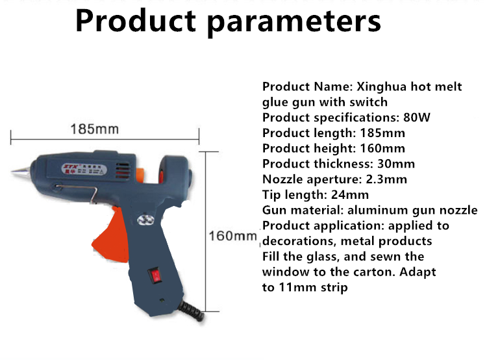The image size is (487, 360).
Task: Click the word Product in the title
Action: coord(136,21)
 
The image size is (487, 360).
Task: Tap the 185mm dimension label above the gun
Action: coord(95,129)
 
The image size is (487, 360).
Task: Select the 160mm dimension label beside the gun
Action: coord(232,236)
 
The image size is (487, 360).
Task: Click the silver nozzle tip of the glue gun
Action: coord(21,171)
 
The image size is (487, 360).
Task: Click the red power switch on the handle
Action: coord(156,276)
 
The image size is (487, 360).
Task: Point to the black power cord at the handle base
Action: coord(192,311)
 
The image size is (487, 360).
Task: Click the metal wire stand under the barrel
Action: coord(77,192)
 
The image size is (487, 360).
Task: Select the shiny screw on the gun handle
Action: coord(145,220)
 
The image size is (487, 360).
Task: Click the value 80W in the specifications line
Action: coord(417,118)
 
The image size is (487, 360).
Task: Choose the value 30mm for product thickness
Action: coord(396,164)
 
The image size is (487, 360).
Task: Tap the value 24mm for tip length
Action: coord(350,195)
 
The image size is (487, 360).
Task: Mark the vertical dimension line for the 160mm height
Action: coord(206,231)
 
